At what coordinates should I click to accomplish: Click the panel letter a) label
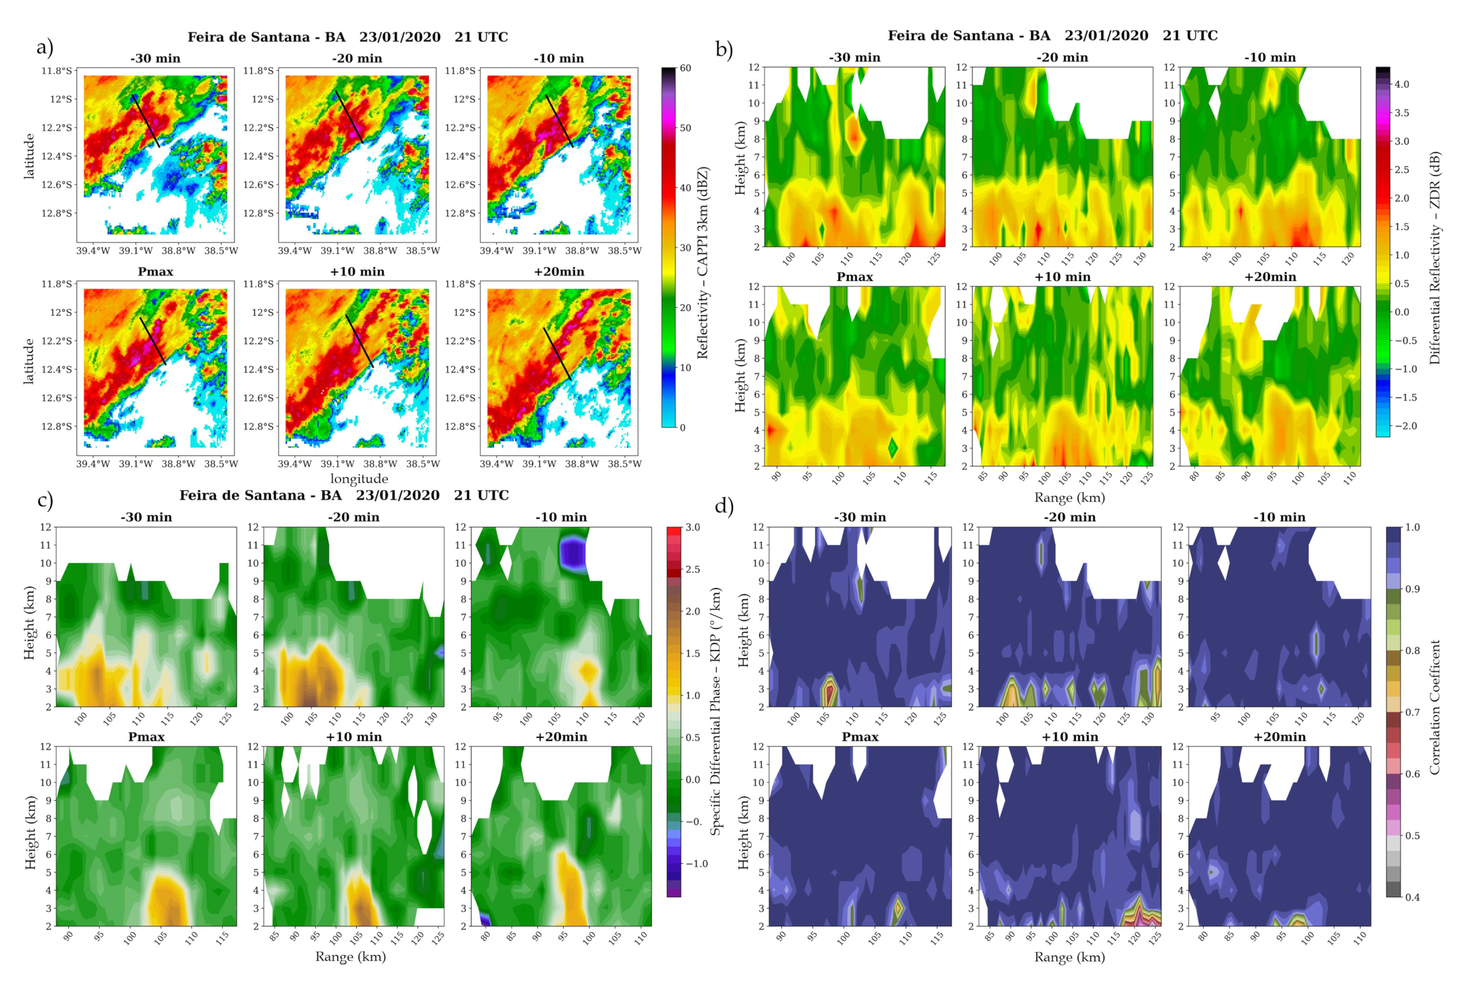pos(45,47)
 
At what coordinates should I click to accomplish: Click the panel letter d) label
pos(723,505)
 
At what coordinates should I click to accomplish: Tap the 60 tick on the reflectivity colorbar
pos(685,68)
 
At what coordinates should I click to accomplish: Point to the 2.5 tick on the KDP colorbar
pos(692,569)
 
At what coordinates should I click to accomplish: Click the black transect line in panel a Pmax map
pos(152,340)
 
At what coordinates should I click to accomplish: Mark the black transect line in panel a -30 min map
pos(146,121)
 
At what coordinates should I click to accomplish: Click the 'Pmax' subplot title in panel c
pos(146,737)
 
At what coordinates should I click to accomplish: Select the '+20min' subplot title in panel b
pos(1270,276)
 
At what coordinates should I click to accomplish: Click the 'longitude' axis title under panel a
pos(359,478)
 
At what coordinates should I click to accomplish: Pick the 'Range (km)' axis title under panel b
pos(1069,497)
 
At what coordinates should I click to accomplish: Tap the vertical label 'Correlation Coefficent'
pos(1434,707)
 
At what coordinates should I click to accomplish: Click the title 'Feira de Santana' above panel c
pos(260,495)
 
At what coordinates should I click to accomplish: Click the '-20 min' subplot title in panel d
pos(1069,517)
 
